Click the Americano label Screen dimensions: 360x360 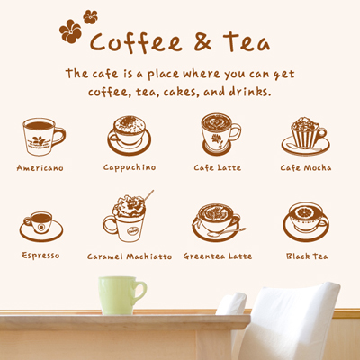pyautogui.click(x=40, y=168)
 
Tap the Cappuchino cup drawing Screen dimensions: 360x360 pyautogui.click(x=130, y=136)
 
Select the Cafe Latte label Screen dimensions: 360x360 pyautogui.click(x=218, y=167)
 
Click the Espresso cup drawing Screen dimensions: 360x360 pyautogui.click(x=41, y=227)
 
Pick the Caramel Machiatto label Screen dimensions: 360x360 pyautogui.click(x=130, y=256)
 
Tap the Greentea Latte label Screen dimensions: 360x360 pyautogui.click(x=218, y=256)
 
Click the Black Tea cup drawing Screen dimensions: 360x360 pyautogui.click(x=306, y=222)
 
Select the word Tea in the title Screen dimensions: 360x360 pyautogui.click(x=247, y=42)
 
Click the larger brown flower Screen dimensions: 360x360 pyautogui.click(x=70, y=31)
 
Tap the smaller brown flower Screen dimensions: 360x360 pyautogui.click(x=90, y=17)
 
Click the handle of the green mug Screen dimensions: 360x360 pyautogui.click(x=141, y=292)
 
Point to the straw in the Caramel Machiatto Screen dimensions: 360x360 pyautogui.click(x=148, y=195)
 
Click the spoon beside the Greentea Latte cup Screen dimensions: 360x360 pyautogui.click(x=227, y=232)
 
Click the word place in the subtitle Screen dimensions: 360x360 pyautogui.click(x=163, y=74)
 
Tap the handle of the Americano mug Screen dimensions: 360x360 pyautogui.click(x=58, y=137)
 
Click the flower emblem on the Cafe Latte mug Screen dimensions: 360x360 pyautogui.click(x=216, y=139)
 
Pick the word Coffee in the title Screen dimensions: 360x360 pyautogui.click(x=136, y=42)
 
